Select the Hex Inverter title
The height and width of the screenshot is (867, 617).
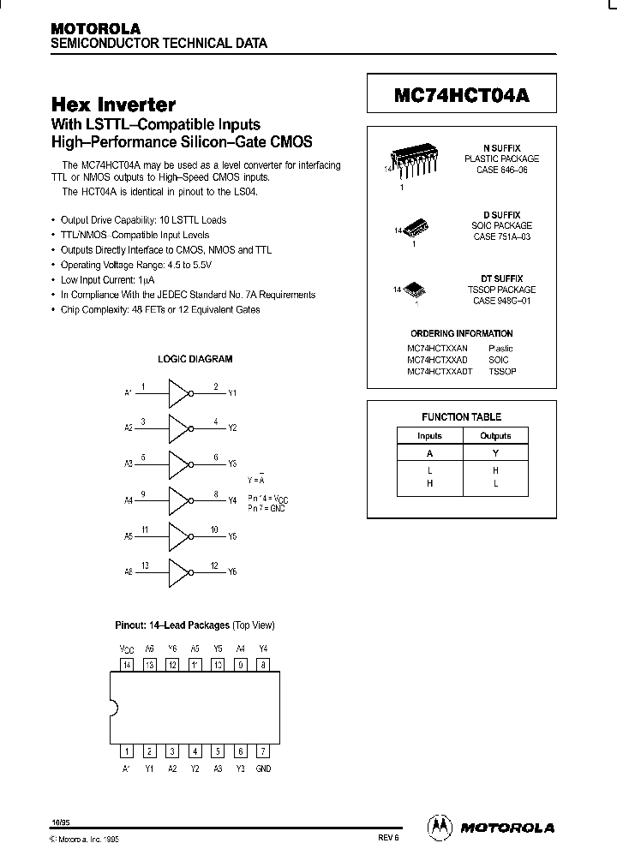[x=113, y=105]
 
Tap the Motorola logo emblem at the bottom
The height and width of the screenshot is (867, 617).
[x=439, y=827]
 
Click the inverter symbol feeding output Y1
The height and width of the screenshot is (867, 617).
[x=178, y=393]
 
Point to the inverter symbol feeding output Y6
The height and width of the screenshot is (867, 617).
[x=178, y=571]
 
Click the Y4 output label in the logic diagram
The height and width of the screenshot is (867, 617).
[x=232, y=500]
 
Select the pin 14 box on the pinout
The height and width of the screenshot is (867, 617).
[x=127, y=664]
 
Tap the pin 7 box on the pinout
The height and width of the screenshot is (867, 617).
[x=263, y=751]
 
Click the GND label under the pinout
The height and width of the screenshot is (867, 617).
[x=263, y=768]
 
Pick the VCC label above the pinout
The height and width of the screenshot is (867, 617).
[x=127, y=649]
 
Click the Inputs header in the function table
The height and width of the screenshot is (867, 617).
[x=429, y=436]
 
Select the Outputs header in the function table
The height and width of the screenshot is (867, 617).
[x=495, y=436]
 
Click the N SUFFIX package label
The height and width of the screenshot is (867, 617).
[x=501, y=148]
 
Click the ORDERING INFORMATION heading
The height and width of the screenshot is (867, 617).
[x=461, y=333]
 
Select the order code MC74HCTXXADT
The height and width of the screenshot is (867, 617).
[x=440, y=371]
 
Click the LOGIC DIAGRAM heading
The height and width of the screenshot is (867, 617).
[x=195, y=359]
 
